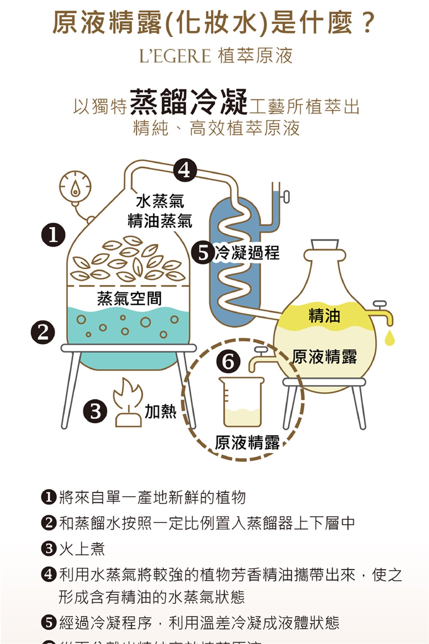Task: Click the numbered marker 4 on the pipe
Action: point(185,170)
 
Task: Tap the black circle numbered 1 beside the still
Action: point(53,235)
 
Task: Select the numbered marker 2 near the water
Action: point(43,332)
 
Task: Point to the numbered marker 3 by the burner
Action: point(95,411)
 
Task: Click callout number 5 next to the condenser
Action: point(203,253)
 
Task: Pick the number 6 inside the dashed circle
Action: point(228,361)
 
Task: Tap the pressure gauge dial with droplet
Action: point(75,187)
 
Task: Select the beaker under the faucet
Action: point(241,402)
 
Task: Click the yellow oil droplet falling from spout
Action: point(390,338)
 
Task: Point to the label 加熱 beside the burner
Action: point(160,411)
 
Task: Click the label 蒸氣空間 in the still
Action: point(129,298)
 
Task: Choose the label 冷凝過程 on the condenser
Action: point(247,253)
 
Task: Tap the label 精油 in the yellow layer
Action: point(324,316)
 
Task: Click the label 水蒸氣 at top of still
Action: point(160,201)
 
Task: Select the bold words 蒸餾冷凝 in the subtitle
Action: point(189,102)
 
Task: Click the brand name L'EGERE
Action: point(175,56)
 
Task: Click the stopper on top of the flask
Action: point(325,245)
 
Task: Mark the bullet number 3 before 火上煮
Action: point(49,548)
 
